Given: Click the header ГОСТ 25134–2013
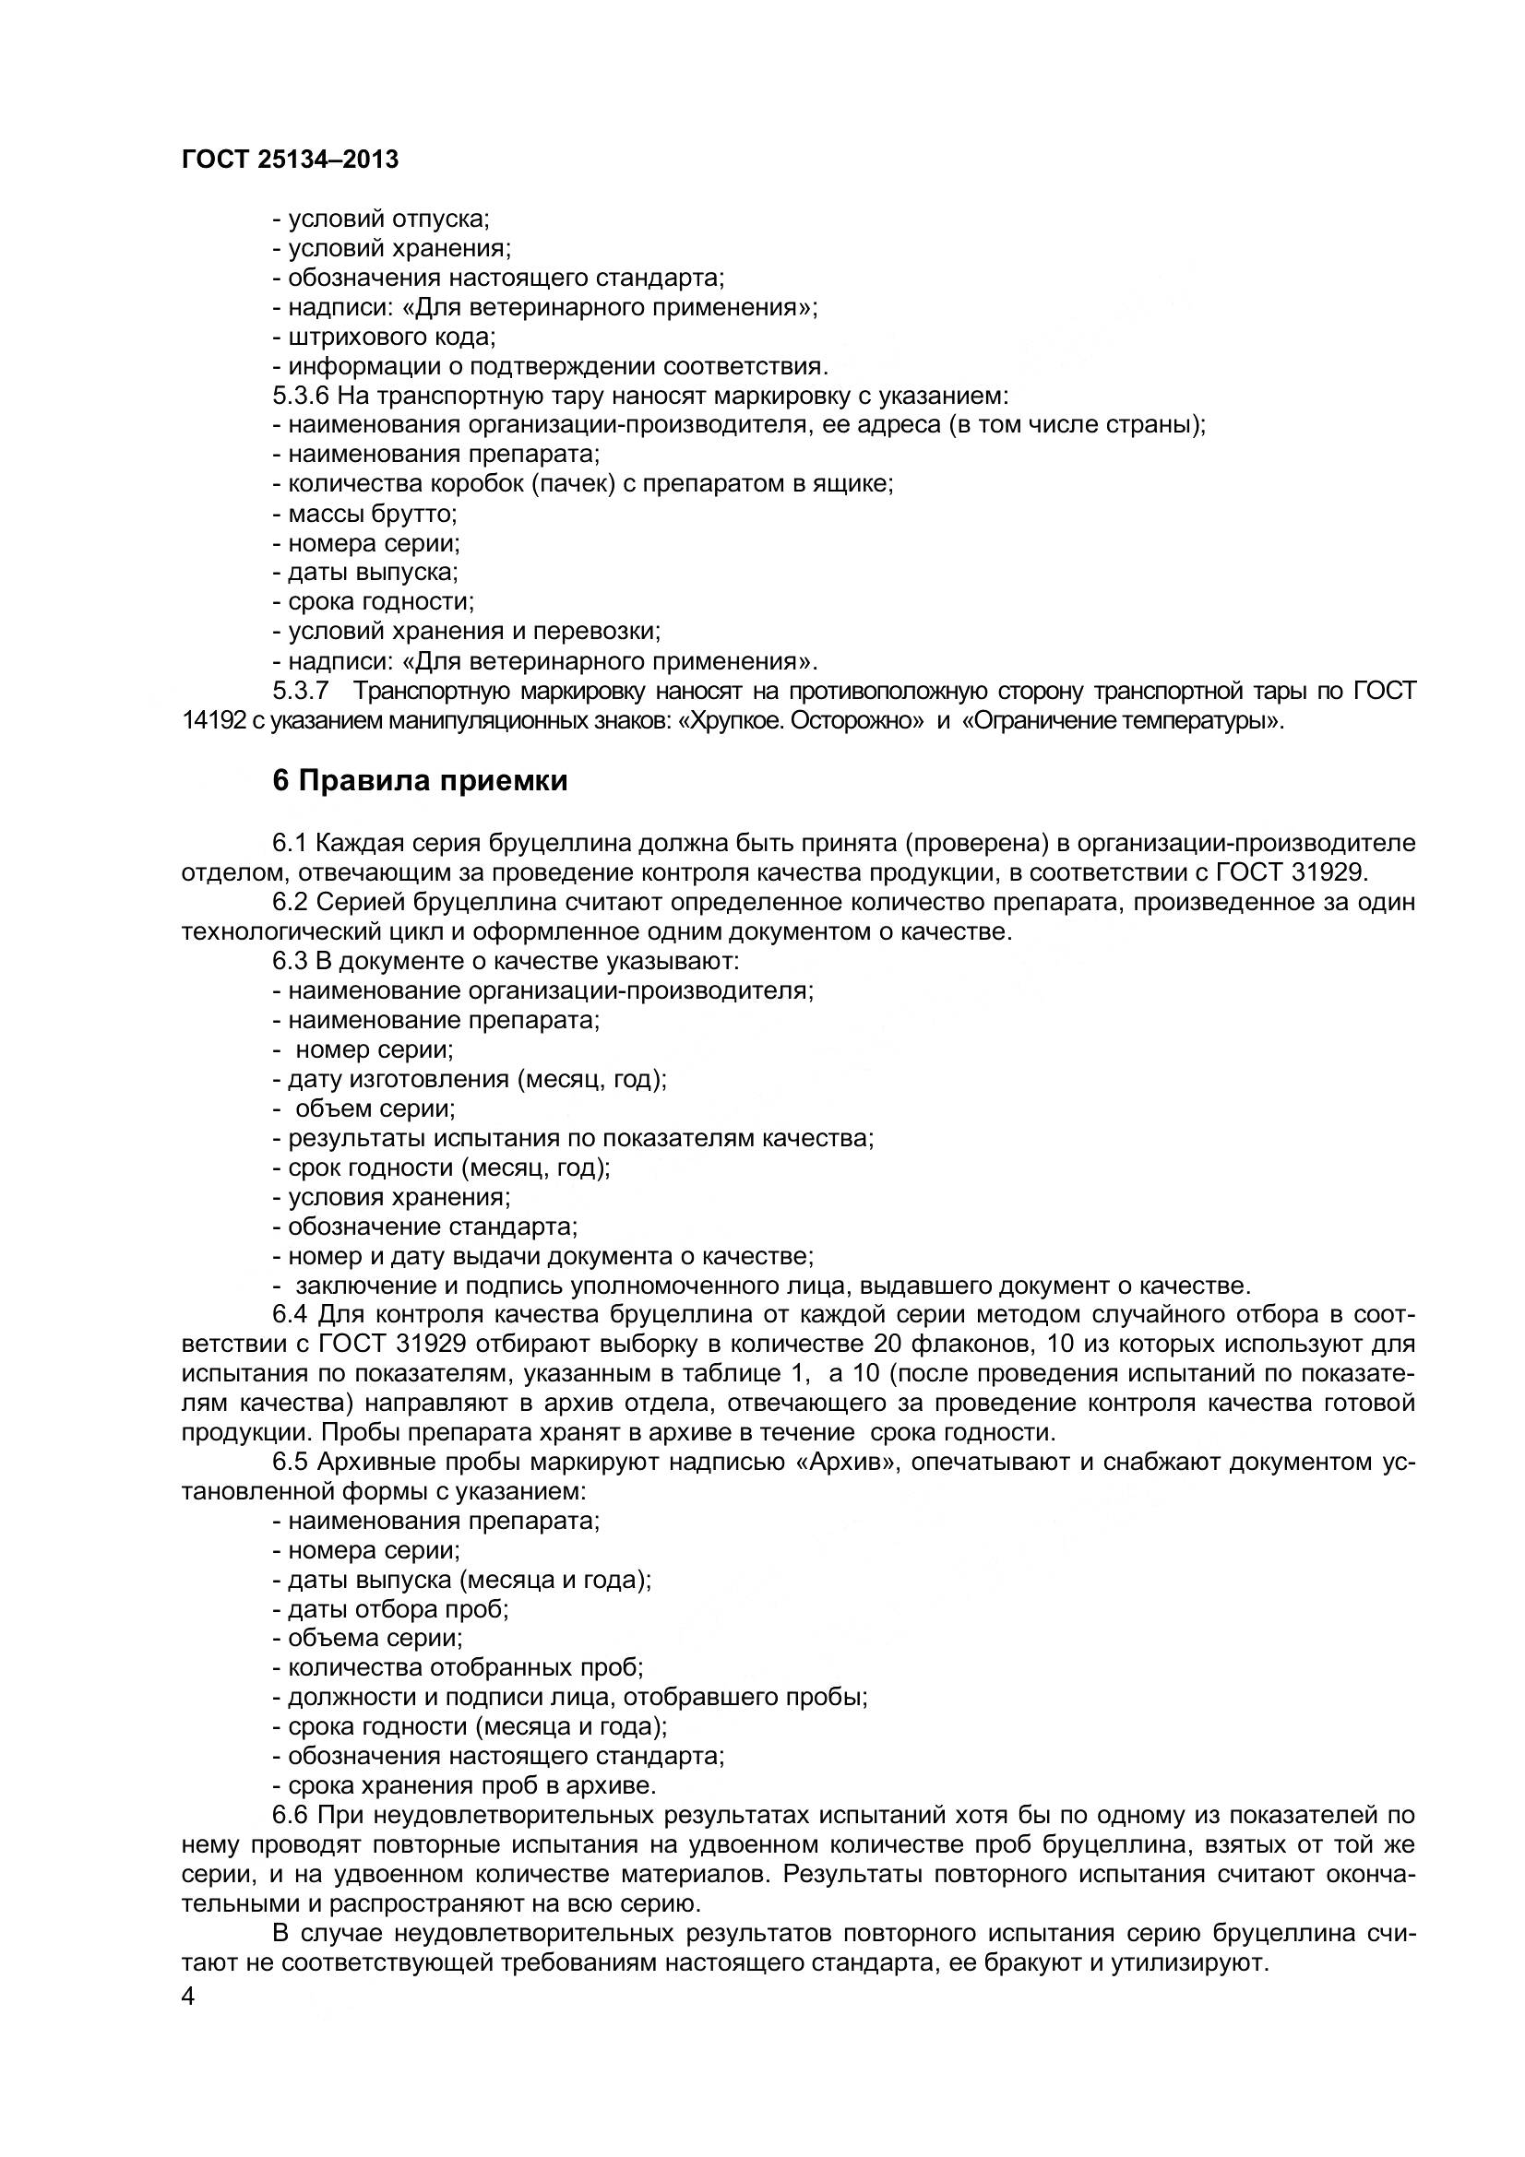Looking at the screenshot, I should pos(291,160).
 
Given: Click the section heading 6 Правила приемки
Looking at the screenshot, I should pos(420,781).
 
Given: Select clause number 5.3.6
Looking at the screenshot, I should pos(301,396).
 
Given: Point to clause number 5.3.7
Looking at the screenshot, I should pos(301,692).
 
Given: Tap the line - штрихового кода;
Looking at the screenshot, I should pos(385,337).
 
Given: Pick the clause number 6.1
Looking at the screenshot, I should pos(291,844).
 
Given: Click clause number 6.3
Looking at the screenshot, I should pos(291,961).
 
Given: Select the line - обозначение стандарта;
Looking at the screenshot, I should pos(424,1227).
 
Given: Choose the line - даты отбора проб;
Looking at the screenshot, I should pos(391,1609).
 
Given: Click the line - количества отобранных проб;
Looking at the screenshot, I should pos(458,1668).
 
